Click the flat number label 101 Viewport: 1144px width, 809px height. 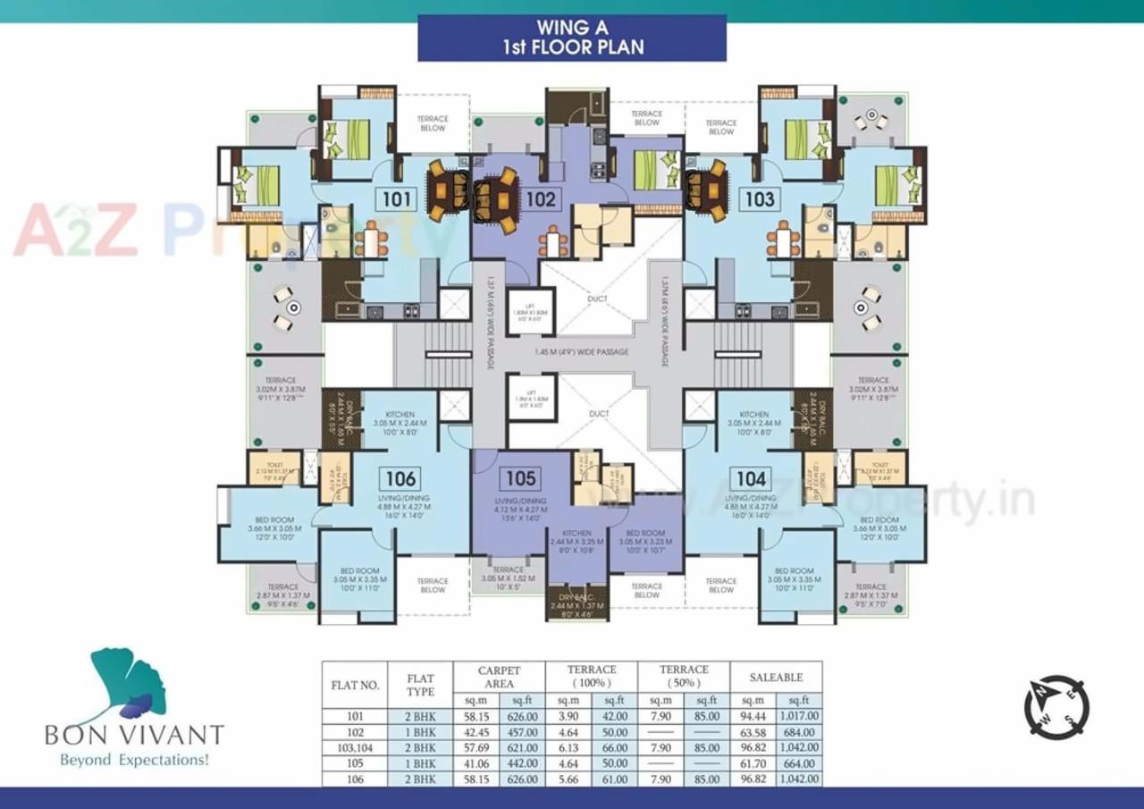[394, 198]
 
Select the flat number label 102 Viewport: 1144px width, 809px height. [539, 199]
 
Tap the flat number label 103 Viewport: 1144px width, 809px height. [759, 198]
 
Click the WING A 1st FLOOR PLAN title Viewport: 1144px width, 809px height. [572, 38]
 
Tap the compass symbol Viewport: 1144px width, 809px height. [1056, 707]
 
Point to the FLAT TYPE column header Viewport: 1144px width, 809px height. [420, 685]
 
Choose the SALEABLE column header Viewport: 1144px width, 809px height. [776, 678]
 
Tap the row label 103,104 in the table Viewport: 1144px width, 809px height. [356, 747]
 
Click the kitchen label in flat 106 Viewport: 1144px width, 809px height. [400, 416]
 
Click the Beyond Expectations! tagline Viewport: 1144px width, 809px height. [134, 761]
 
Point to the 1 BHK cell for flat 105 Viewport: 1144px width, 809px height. [420, 763]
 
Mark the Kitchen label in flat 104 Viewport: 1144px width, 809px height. [753, 416]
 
